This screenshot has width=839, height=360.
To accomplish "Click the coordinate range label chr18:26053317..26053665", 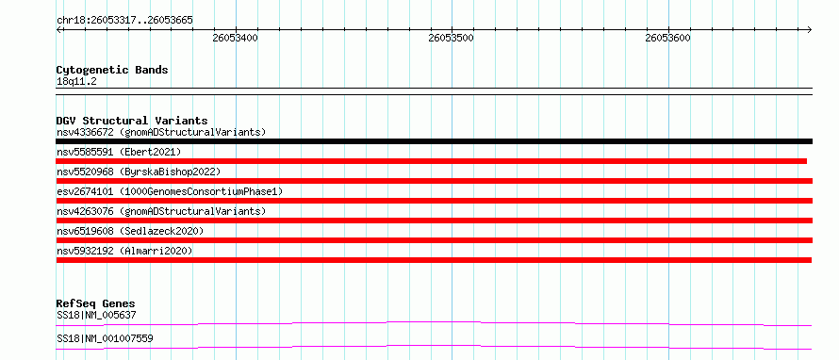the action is pos(124,21).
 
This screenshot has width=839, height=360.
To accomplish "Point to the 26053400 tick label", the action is pos(235,38).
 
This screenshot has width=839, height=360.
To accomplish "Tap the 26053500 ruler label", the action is pos(451,38).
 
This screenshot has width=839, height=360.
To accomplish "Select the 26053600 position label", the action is pos(667,38).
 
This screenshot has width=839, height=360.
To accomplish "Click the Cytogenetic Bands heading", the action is pos(112,70).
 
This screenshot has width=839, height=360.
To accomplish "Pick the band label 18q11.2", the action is pos(76,82).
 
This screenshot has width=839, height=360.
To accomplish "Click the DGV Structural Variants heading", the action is pos(132,121).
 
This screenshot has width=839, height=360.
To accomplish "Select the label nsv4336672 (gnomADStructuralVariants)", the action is pos(161,132).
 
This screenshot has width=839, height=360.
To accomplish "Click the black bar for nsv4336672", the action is pos(434,141).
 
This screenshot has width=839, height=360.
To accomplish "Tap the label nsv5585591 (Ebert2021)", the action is pos(119,152).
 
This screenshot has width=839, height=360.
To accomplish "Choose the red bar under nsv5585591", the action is pos(431,161).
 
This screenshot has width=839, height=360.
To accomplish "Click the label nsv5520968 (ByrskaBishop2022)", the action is pos(139,172).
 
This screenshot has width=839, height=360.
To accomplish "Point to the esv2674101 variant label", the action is pos(170,191).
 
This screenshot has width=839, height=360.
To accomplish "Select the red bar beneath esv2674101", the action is pos(434,201).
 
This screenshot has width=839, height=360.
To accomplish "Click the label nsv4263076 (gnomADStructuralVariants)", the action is pos(161,211).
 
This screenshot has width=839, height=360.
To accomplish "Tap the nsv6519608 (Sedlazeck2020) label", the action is pos(130,231).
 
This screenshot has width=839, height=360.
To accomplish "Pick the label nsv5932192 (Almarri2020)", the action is pos(124,251).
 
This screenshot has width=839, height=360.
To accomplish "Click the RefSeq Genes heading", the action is pos(96,303).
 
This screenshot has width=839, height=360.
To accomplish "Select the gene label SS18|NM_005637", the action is pos(96,316).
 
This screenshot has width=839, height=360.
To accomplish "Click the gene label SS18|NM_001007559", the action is pos(105,339).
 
